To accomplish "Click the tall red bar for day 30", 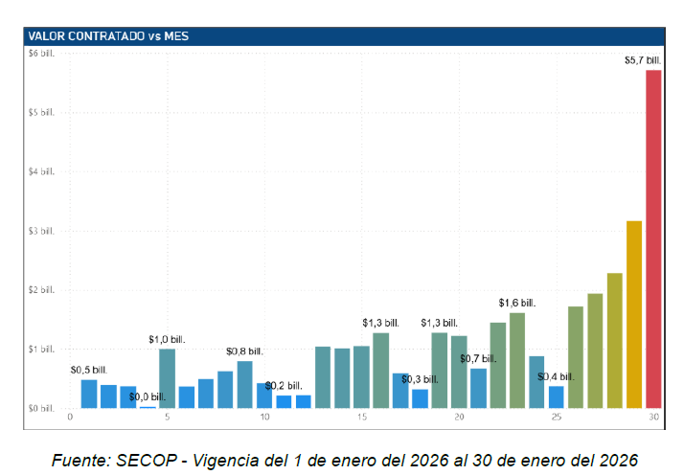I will [653, 239].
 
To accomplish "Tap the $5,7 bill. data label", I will [642, 61].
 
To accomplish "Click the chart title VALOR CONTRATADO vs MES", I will [108, 36].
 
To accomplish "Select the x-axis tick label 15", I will [361, 418].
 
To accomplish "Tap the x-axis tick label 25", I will [557, 418].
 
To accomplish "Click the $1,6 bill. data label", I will [517, 303].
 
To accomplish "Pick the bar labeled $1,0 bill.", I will [167, 378].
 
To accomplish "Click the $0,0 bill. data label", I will [148, 396].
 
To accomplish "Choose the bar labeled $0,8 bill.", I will [244, 384].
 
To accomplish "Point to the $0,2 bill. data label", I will [285, 385].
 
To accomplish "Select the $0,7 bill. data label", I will [478, 358].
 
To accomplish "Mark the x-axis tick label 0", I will [70, 418].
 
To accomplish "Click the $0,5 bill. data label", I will [89, 369].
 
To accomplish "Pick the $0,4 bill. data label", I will [557, 376].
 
